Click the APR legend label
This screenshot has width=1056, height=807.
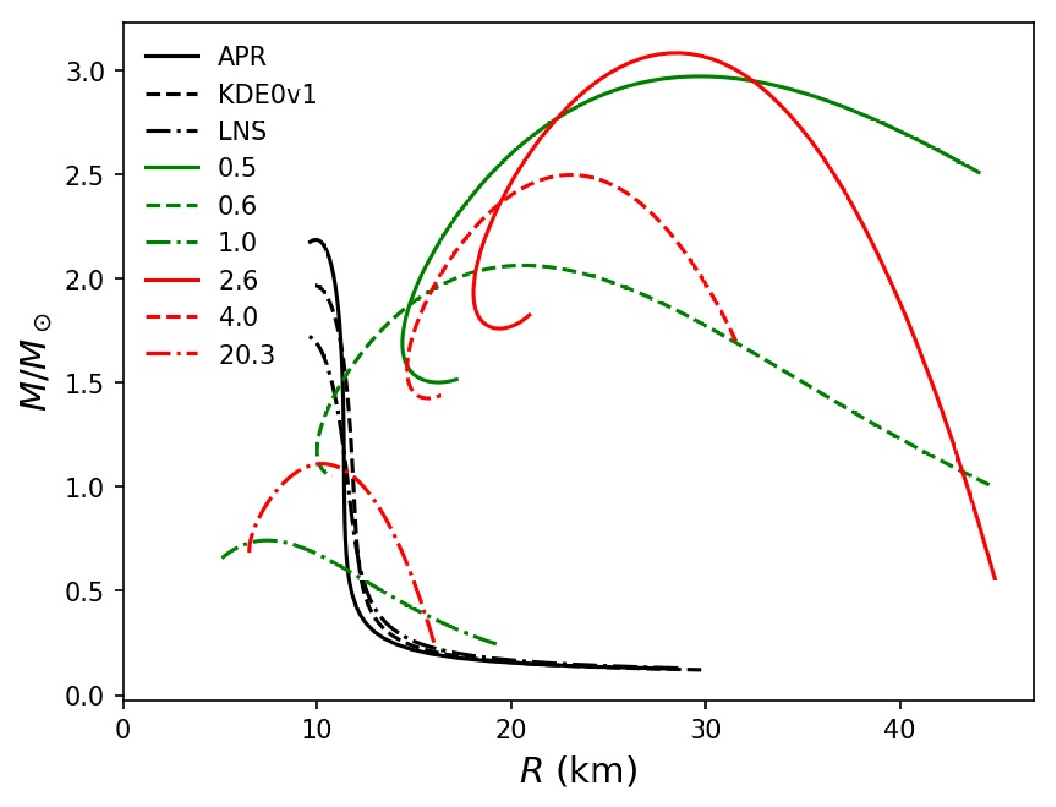click(242, 57)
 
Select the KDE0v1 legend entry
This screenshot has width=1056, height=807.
click(267, 94)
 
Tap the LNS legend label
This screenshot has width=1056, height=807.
click(242, 131)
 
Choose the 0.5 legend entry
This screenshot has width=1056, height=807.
click(237, 168)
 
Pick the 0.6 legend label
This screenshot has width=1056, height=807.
click(237, 206)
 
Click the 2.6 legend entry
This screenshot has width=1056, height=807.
click(238, 280)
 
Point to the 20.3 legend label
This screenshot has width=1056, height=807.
click(247, 355)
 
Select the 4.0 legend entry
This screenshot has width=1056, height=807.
click(238, 317)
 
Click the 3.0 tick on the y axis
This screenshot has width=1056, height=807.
click(84, 71)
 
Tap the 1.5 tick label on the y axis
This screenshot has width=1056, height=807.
click(84, 383)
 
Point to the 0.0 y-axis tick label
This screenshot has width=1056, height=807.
click(84, 696)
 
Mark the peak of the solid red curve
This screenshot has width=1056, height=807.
click(676, 53)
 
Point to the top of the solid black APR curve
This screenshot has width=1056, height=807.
click(315, 239)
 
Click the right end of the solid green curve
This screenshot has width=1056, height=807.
click(980, 173)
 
